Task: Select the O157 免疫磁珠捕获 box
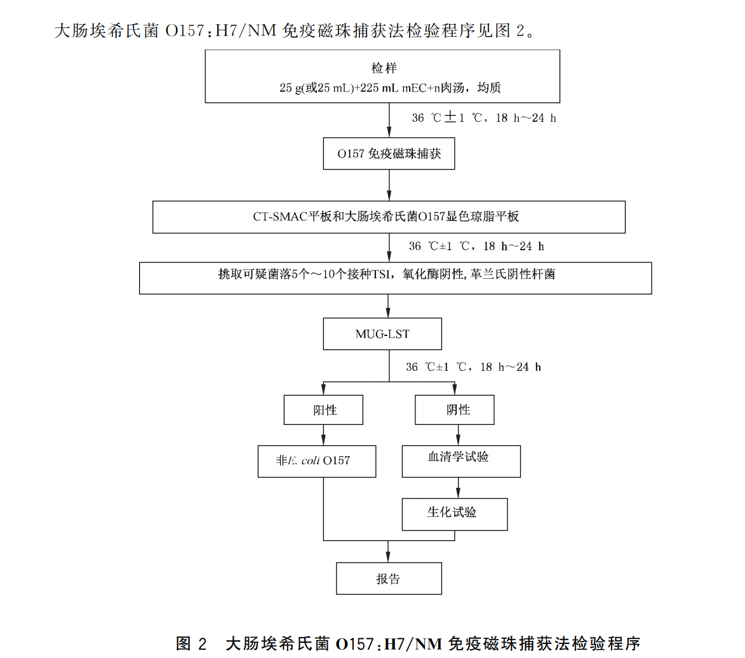pos(389,154)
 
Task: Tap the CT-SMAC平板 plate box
pos(389,217)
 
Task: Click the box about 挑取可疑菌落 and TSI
pos(395,278)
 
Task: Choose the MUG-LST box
pos(382,334)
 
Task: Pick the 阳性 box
pos(324,410)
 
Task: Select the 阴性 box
pos(454,410)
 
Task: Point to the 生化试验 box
pos(455,514)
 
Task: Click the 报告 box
pos(388,579)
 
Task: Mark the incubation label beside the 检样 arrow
pos(484,119)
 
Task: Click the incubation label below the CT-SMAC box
pos(477,246)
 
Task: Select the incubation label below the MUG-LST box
pos(474,367)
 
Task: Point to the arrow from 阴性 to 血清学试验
pos(455,435)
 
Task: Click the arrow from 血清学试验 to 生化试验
pos(455,487)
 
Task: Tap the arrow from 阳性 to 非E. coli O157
pos(324,435)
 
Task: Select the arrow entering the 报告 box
pos(389,551)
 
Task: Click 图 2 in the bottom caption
pos(192,643)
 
